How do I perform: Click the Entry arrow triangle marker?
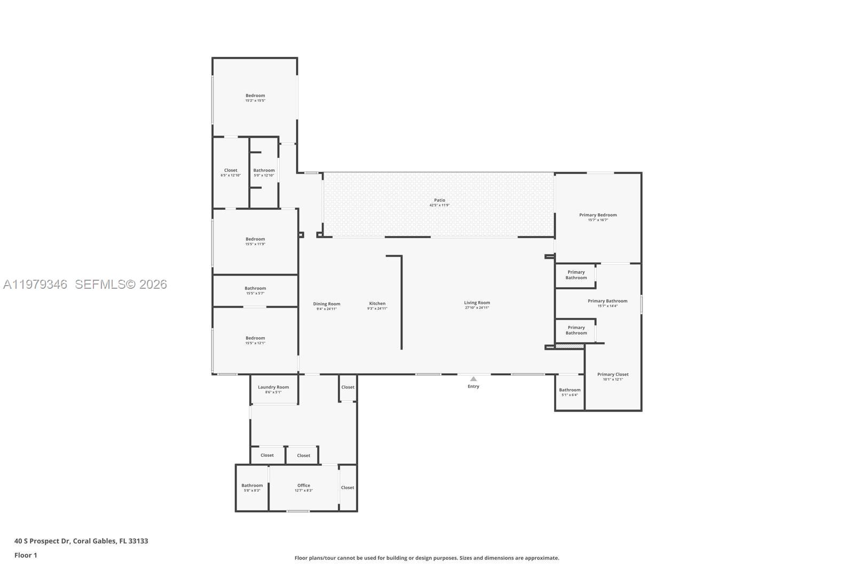point(473,379)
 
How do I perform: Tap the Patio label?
point(439,200)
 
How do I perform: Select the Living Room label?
point(477,303)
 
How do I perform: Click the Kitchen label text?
point(377,303)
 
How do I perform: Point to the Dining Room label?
point(327,304)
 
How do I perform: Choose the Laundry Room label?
point(273,387)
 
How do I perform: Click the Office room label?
point(304,485)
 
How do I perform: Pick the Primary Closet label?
point(613,374)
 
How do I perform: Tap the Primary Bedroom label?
point(598,215)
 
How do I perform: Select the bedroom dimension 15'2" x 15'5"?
point(255,100)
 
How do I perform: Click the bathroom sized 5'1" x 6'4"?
point(570,395)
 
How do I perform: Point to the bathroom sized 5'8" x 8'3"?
point(252,490)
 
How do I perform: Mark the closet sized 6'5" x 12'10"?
point(231,175)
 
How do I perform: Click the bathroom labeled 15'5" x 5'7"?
point(255,293)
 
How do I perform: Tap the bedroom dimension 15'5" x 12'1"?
point(255,343)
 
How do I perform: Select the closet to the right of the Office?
point(347,487)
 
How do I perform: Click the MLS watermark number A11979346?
point(35,284)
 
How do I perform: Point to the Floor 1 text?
point(26,555)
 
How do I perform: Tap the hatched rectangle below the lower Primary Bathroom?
point(569,346)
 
